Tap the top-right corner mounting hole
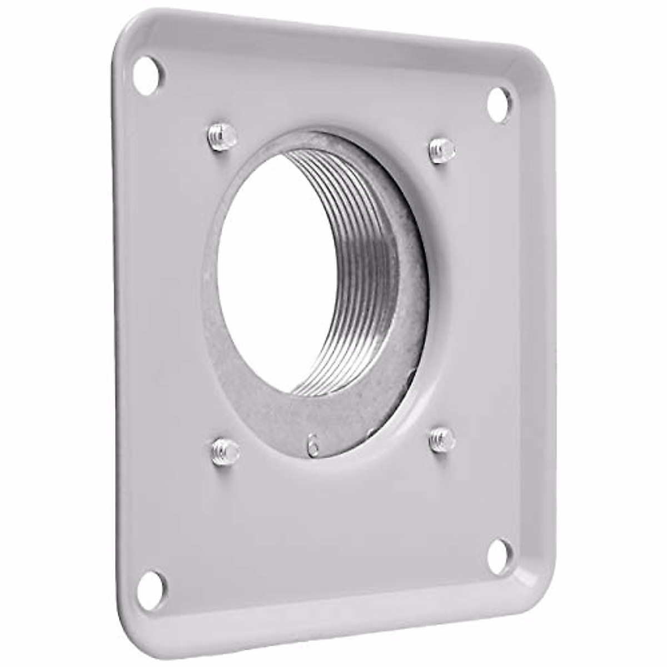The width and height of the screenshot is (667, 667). click(500, 104)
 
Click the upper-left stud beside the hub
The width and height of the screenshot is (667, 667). click(222, 137)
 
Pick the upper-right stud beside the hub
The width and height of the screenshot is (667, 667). click(442, 150)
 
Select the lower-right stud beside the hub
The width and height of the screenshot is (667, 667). click(442, 440)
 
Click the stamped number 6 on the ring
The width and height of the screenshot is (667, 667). click(313, 444)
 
